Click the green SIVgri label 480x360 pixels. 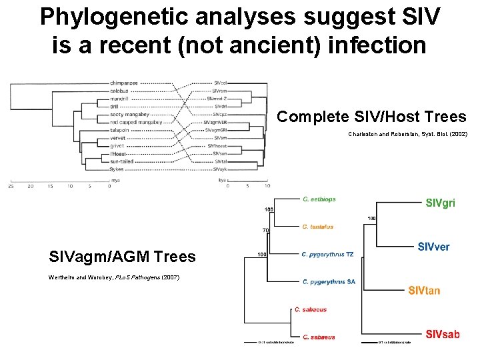tap(440, 203)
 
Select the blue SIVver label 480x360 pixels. tap(433, 247)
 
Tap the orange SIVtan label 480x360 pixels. tap(424, 290)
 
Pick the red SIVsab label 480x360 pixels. tap(443, 335)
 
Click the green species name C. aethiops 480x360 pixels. tap(319, 199)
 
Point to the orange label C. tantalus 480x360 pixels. tap(317, 227)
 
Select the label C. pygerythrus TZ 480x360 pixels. tap(328, 254)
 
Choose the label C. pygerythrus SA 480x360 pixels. tap(329, 281)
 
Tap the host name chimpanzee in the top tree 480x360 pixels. tap(125, 83)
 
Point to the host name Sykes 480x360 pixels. tap(117, 169)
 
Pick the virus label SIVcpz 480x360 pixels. tap(221, 115)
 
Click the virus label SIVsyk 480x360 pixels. tap(221, 169)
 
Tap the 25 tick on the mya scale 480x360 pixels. tap(11, 187)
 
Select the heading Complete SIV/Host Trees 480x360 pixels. tap(371, 117)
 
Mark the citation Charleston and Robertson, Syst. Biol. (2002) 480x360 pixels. tap(407, 135)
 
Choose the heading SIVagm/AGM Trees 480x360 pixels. tap(122, 257)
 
